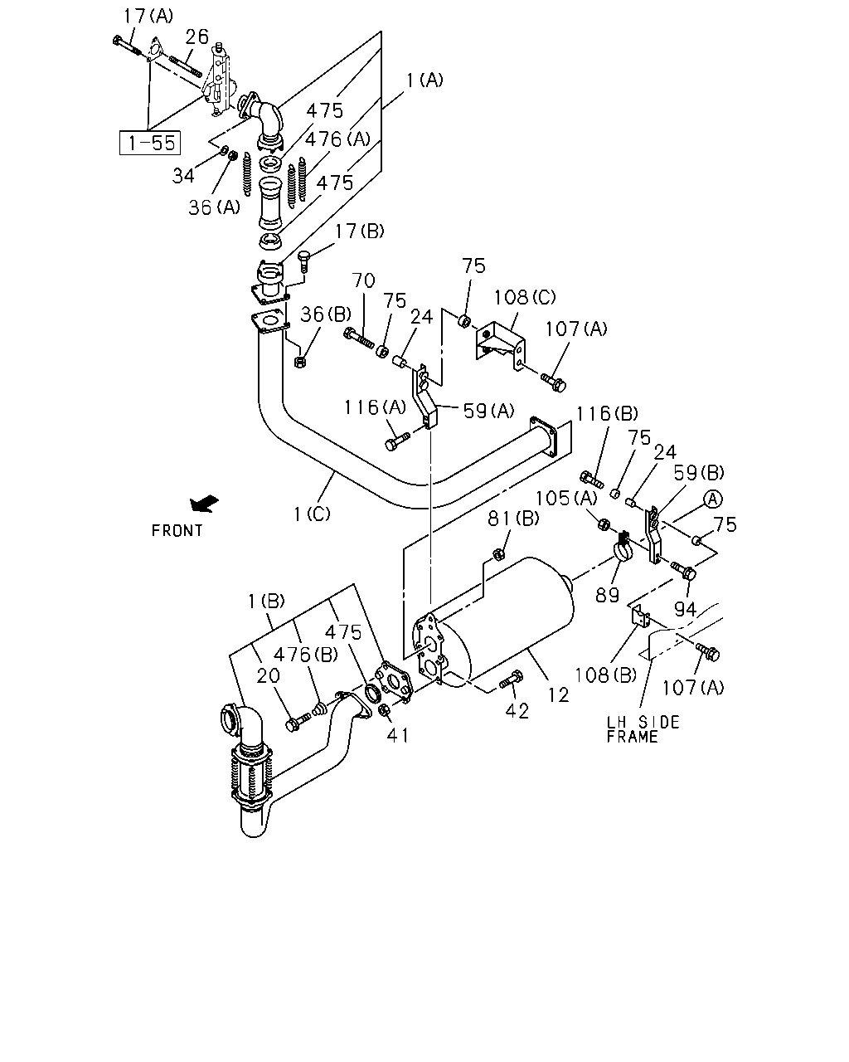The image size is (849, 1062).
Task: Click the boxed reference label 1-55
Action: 150,143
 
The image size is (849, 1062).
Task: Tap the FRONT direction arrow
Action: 204,504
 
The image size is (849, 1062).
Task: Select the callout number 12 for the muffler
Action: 559,694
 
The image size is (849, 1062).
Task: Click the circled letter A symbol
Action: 712,499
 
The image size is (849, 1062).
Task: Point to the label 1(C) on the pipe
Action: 312,514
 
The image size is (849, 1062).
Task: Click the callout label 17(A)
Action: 148,16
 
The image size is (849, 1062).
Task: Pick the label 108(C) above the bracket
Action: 525,297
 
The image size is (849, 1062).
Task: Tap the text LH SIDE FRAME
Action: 643,729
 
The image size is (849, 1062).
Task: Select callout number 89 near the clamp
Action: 607,595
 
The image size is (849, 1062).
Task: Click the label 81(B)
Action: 513,519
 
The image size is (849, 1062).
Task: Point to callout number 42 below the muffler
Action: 517,710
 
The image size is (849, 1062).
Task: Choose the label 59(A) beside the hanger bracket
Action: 489,411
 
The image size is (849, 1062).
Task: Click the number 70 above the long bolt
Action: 364,280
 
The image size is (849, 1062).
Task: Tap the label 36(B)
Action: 326,314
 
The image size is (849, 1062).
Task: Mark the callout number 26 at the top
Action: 196,37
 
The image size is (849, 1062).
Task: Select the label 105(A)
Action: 566,498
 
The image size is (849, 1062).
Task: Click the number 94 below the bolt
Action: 686,610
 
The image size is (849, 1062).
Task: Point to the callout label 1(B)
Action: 266,601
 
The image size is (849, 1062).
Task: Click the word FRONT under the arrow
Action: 177,530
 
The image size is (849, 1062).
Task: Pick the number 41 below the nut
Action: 398,735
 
